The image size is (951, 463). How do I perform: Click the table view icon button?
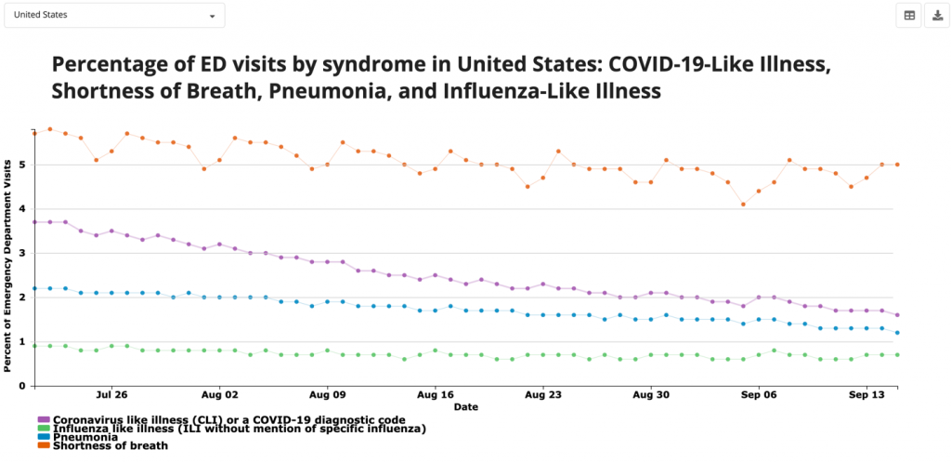point(909,16)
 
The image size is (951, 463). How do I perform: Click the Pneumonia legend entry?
point(85,437)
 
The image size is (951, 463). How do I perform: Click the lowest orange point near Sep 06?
point(743,205)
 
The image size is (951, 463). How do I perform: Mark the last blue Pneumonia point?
point(897,333)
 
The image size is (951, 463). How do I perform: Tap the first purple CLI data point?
point(34,222)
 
